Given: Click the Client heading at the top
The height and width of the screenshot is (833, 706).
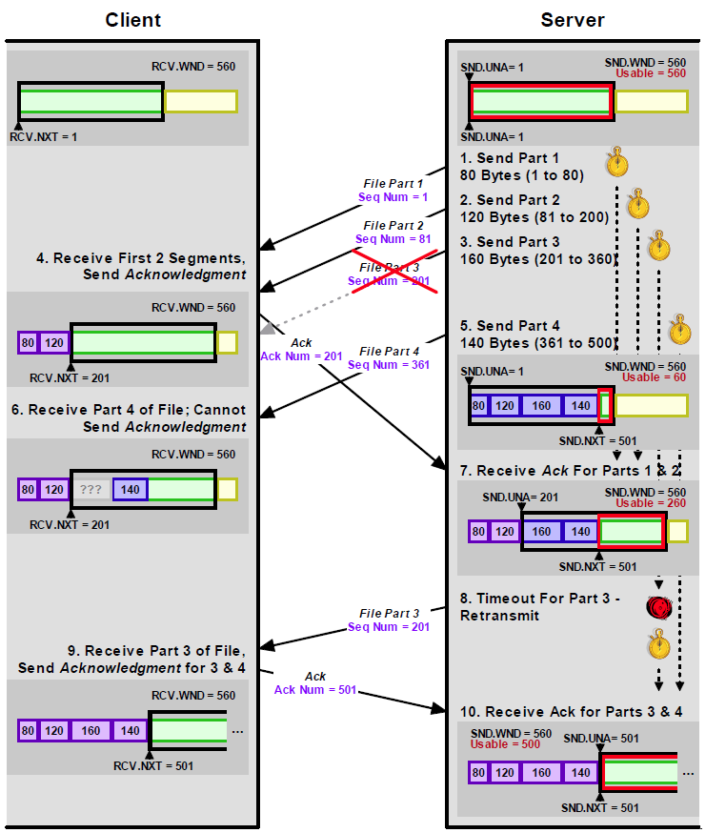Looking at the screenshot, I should pyautogui.click(x=133, y=20).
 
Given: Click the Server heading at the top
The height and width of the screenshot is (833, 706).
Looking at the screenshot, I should pyautogui.click(x=573, y=20).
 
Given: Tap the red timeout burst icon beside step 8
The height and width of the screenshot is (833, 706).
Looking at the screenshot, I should pyautogui.click(x=658, y=607).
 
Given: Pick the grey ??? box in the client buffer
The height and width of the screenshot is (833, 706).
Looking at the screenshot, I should pyautogui.click(x=91, y=490).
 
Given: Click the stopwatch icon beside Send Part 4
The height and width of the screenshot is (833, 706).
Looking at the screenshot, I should pyautogui.click(x=679, y=329).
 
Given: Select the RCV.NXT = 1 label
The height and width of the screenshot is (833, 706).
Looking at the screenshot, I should pyautogui.click(x=44, y=137).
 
